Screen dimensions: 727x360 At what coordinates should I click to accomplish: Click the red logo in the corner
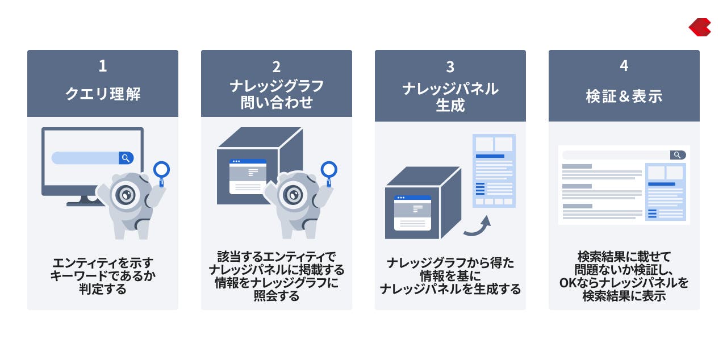coord(700,27)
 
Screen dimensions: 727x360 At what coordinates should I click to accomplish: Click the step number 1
coord(103,66)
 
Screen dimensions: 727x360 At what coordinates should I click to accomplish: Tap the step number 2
coord(276,67)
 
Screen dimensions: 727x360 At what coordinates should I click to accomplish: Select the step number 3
coord(450,67)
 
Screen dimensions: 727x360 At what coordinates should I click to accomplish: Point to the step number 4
coord(624,65)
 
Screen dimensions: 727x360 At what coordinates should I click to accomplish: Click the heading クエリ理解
coord(103,94)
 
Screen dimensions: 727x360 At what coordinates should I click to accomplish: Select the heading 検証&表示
coord(624,96)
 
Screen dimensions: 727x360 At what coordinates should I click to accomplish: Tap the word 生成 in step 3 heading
coord(450,105)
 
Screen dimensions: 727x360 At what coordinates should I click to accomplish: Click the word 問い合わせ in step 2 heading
coord(276,102)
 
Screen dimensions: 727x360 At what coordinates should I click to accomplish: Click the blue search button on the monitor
coord(126,158)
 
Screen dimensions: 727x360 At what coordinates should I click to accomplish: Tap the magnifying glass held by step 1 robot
coord(161,173)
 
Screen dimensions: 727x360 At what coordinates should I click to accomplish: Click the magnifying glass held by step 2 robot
coord(329,173)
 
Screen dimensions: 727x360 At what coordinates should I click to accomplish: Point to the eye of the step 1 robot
coord(126,195)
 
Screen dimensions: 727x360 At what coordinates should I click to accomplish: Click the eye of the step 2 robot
coord(293,195)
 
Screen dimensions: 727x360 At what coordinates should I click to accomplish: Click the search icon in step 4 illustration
coord(678,155)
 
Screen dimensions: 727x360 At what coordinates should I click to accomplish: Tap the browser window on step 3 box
coord(412,213)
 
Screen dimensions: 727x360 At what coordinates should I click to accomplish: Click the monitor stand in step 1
coord(85,201)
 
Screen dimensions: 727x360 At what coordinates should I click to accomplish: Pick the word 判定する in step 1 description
coord(103,289)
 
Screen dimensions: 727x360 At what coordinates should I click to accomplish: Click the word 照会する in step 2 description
coord(276,295)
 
